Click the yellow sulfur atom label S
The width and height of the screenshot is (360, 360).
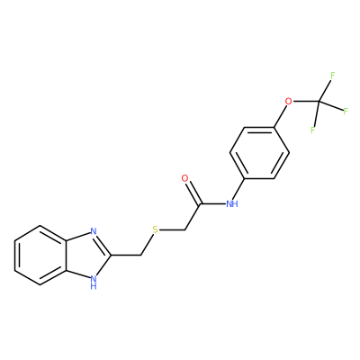click(155, 230)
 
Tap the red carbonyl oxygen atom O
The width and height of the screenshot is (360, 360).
click(185, 178)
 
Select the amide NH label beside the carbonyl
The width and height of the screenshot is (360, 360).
click(231, 204)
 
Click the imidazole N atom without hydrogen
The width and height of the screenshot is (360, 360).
click(94, 231)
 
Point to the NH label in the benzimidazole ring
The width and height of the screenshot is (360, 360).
click(94, 283)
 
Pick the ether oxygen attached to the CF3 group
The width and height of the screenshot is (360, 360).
click(288, 102)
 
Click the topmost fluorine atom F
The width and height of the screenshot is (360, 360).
click(332, 76)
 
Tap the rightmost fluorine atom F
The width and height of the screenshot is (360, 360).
click(346, 112)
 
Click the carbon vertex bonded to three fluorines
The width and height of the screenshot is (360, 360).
click(319, 102)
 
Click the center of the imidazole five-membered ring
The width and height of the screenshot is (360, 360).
click(89, 256)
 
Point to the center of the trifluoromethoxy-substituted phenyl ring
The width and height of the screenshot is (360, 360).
click(259, 153)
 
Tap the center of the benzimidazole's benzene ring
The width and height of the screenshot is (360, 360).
click(40, 256)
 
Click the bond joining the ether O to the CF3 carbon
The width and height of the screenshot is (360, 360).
click(306, 102)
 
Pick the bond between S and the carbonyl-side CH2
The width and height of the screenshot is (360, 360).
click(172, 230)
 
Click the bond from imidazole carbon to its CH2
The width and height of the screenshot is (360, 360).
click(126, 256)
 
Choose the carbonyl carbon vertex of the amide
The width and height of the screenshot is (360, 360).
click(200, 204)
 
